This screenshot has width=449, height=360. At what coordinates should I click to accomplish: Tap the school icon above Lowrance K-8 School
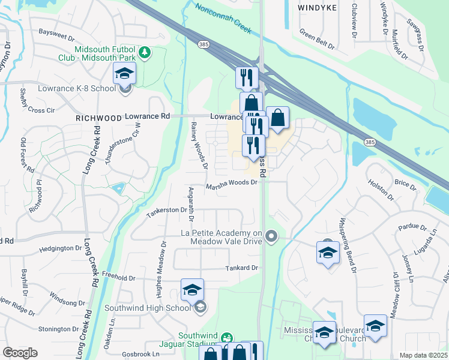(x=125, y=74)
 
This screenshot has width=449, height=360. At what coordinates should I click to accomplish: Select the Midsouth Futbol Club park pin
(x=144, y=53)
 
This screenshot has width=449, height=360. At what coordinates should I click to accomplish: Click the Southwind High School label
(x=147, y=308)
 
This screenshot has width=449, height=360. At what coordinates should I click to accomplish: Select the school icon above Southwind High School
(x=192, y=290)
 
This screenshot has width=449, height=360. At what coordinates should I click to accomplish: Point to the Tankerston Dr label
(x=167, y=211)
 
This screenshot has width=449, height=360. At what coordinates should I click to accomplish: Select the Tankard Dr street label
(x=241, y=268)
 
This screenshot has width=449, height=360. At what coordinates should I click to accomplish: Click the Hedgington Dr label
(x=59, y=248)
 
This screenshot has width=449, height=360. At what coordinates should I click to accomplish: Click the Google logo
(x=20, y=353)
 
